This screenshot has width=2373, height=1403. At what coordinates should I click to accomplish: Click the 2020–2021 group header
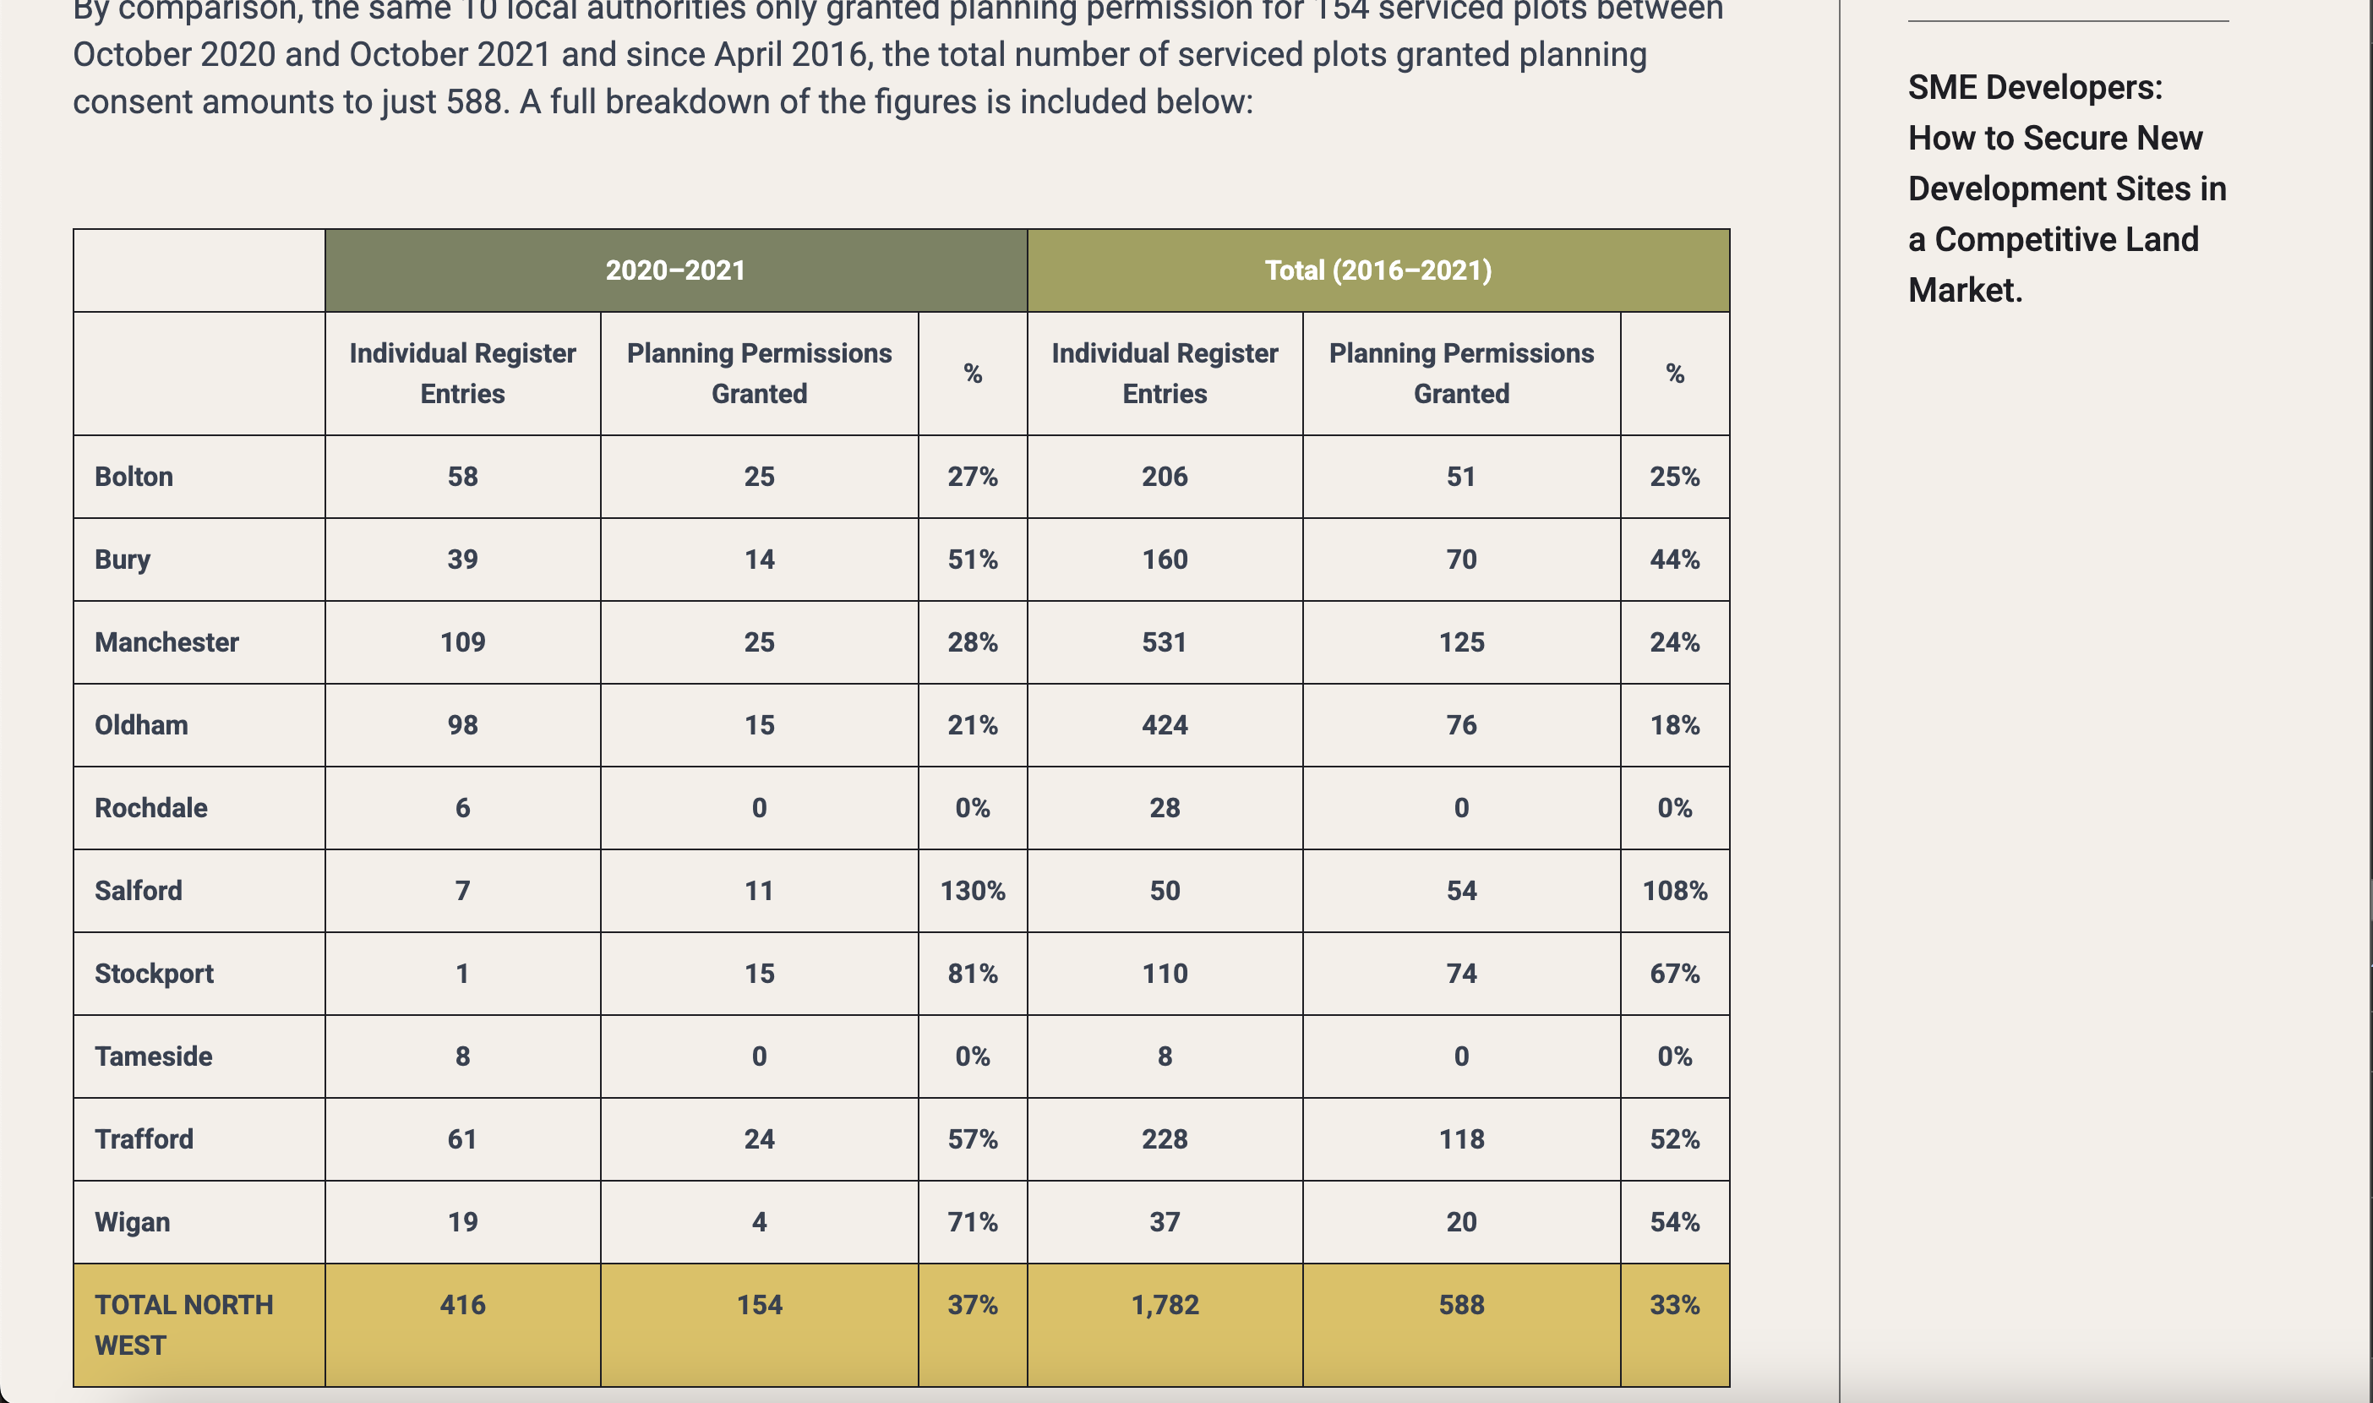click(x=674, y=270)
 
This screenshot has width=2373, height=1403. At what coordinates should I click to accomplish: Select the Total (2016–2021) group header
click(x=1377, y=270)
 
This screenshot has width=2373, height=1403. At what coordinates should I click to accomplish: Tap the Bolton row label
click(x=134, y=477)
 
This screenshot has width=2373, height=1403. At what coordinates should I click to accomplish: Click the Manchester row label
click(x=166, y=642)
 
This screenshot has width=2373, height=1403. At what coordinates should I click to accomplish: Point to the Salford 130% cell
click(x=973, y=891)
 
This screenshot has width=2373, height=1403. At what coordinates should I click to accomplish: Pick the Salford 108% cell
click(x=1675, y=891)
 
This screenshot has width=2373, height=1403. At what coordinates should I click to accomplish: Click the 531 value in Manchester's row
click(x=1165, y=642)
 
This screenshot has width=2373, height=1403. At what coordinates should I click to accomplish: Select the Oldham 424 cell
click(x=1165, y=725)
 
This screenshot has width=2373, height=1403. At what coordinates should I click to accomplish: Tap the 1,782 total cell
click(x=1165, y=1305)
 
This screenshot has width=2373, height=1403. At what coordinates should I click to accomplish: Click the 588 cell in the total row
click(x=1461, y=1305)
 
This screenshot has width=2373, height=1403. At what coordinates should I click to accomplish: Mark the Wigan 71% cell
click(x=973, y=1221)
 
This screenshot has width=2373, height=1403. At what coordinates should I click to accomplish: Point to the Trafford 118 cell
click(x=1461, y=1139)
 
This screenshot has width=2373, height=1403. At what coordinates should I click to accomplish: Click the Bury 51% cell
click(x=973, y=560)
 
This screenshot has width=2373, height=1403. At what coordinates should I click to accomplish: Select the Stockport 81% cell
click(x=973, y=974)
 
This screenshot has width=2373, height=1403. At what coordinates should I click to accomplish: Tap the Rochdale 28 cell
click(x=1165, y=808)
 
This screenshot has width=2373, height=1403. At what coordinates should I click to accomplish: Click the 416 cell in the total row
click(x=462, y=1305)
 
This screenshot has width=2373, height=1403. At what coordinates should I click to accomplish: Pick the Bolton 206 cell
click(x=1165, y=477)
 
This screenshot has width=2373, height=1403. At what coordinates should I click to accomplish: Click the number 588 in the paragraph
click(x=477, y=101)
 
